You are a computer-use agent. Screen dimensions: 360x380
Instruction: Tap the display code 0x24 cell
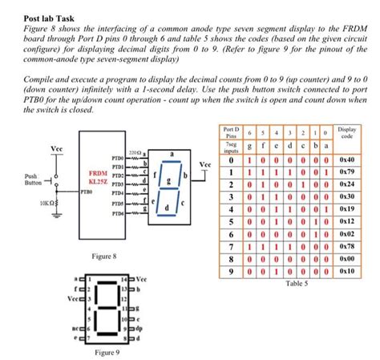click(347, 184)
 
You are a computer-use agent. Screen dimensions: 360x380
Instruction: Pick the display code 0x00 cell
click(347, 260)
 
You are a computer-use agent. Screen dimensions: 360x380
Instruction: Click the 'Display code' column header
click(348, 131)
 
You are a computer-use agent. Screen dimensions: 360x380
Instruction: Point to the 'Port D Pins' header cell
click(231, 131)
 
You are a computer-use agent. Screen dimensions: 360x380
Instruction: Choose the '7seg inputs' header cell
click(231, 147)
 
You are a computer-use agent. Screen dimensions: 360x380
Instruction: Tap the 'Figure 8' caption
click(105, 255)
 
